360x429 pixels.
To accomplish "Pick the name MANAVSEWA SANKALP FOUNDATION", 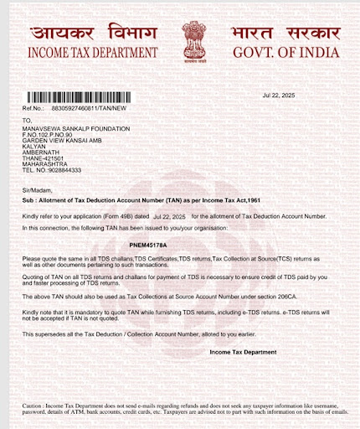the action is [x=76, y=128].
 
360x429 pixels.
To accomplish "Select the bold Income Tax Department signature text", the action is [x=243, y=352].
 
